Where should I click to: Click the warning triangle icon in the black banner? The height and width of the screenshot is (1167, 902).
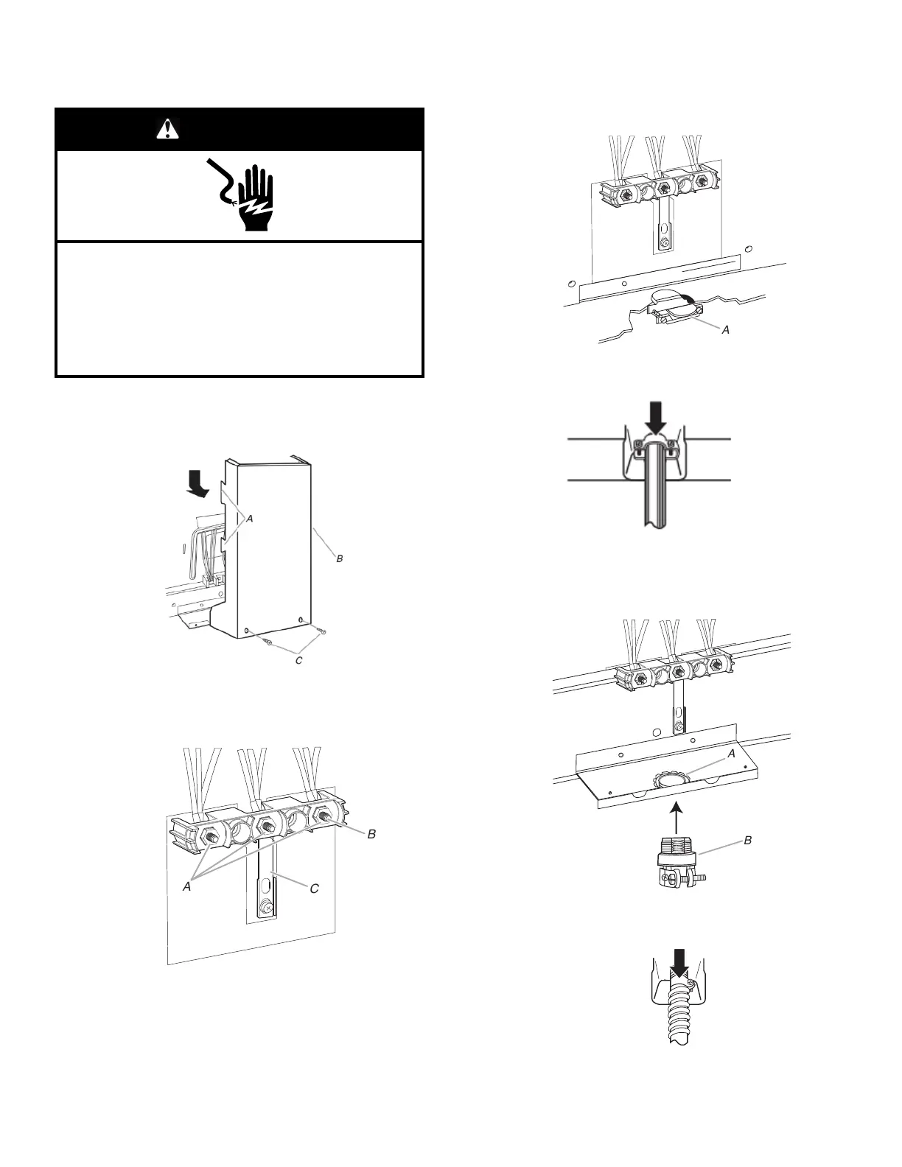pyautogui.click(x=168, y=130)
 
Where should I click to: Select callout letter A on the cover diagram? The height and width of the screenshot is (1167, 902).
pyautogui.click(x=250, y=519)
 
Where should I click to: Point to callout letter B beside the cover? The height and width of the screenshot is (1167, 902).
pyautogui.click(x=340, y=559)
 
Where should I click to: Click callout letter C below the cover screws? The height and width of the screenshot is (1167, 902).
pyautogui.click(x=299, y=661)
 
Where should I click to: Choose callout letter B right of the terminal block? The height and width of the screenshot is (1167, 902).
pyautogui.click(x=372, y=834)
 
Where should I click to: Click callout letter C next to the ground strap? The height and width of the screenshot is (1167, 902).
pyautogui.click(x=314, y=889)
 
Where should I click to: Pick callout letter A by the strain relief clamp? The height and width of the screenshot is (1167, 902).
pyautogui.click(x=726, y=330)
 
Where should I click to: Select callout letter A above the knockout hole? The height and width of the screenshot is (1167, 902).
pyautogui.click(x=732, y=754)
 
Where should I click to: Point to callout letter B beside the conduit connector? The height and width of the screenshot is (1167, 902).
pyautogui.click(x=748, y=840)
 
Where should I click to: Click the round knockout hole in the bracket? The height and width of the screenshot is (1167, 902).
pyautogui.click(x=671, y=780)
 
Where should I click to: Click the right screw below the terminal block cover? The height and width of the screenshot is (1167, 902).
pyautogui.click(x=321, y=631)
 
